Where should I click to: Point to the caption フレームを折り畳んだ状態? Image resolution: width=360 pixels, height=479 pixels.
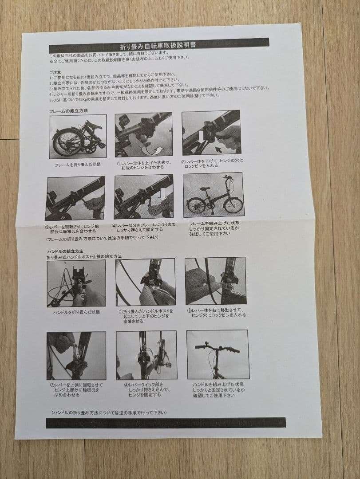(78, 165)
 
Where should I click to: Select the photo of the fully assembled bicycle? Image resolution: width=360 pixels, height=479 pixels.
(213, 195)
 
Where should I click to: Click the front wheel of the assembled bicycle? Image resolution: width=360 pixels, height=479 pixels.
(233, 205)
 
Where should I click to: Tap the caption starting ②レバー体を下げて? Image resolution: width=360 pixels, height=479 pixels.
(212, 163)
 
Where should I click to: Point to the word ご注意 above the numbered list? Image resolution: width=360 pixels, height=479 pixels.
(55, 71)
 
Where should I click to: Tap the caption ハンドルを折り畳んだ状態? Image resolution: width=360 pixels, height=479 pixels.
(76, 312)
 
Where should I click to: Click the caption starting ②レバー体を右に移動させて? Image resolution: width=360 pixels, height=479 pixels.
(216, 313)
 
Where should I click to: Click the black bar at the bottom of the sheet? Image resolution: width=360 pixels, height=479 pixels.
(165, 422)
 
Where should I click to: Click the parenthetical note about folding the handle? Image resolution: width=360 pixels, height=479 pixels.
(109, 412)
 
